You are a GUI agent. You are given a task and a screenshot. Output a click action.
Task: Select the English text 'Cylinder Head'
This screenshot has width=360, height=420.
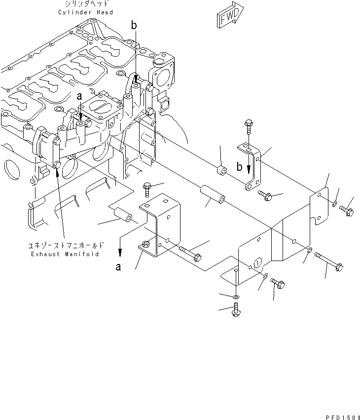click(x=89, y=12)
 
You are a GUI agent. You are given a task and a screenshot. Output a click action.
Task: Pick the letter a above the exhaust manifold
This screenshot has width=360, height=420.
click(x=79, y=97)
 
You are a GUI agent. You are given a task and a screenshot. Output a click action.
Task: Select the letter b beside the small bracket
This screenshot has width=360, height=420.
click(x=240, y=167)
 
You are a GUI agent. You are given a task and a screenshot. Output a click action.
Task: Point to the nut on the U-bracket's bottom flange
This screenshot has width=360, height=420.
click(x=145, y=243)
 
